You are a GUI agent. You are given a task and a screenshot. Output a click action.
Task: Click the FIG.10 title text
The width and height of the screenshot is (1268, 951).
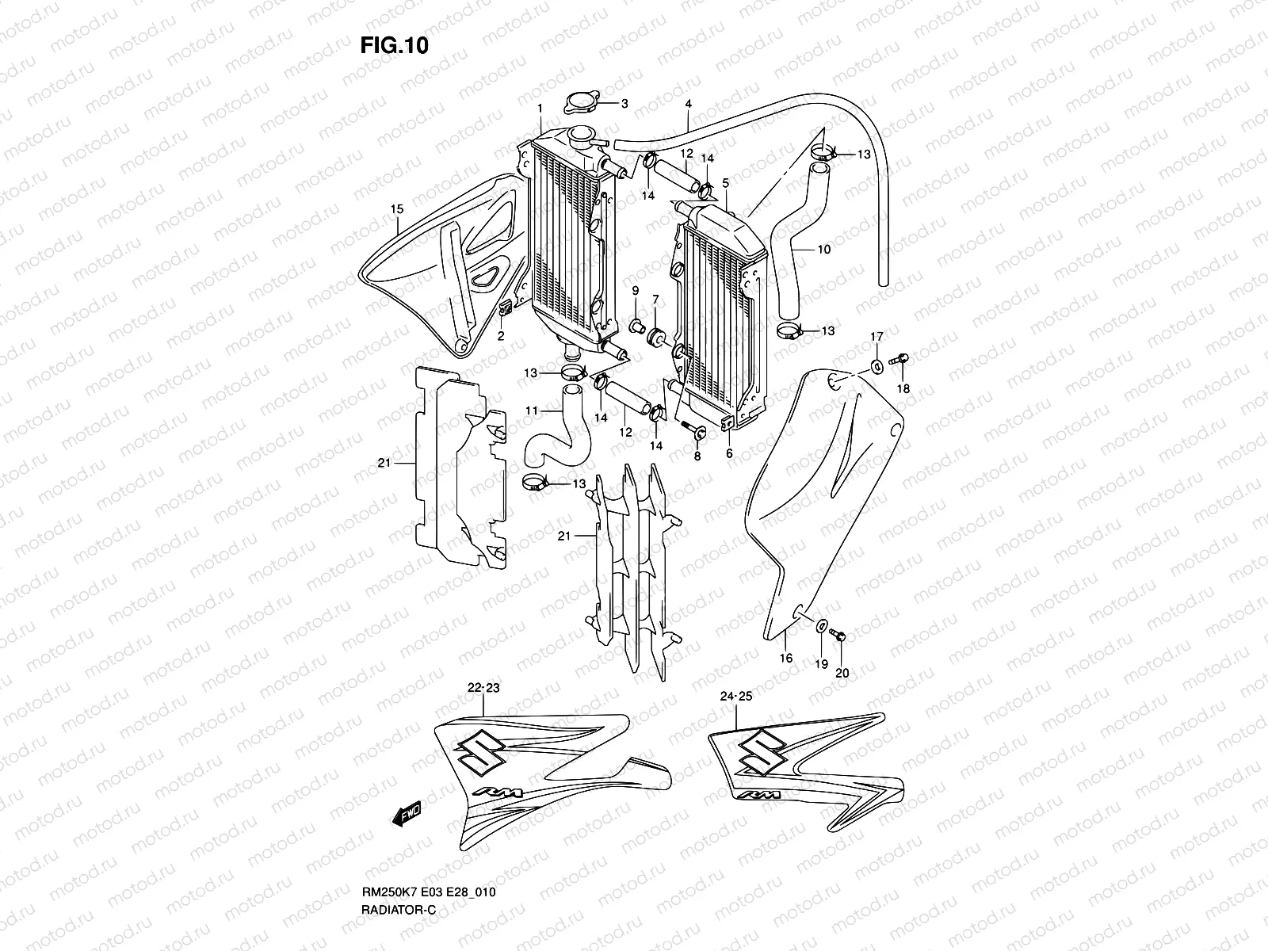(x=394, y=46)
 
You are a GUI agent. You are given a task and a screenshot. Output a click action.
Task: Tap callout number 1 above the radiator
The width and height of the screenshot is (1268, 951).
(x=540, y=108)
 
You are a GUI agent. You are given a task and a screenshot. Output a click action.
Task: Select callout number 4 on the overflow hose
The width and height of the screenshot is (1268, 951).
(x=688, y=104)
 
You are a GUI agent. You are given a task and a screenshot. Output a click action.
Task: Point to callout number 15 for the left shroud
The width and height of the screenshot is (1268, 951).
(x=397, y=209)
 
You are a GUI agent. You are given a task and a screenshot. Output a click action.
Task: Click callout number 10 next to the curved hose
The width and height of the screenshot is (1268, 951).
(x=823, y=250)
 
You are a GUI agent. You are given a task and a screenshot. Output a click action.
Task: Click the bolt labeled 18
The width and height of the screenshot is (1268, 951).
(x=899, y=361)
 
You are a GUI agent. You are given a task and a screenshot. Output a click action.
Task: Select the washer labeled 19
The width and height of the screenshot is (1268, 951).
(x=821, y=626)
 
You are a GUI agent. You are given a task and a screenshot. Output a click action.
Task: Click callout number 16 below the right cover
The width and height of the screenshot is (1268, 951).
(x=785, y=658)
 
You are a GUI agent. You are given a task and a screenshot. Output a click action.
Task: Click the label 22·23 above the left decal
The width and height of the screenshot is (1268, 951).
(x=483, y=689)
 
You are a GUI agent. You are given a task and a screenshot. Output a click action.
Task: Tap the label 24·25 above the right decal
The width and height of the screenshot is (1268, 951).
(x=738, y=697)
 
